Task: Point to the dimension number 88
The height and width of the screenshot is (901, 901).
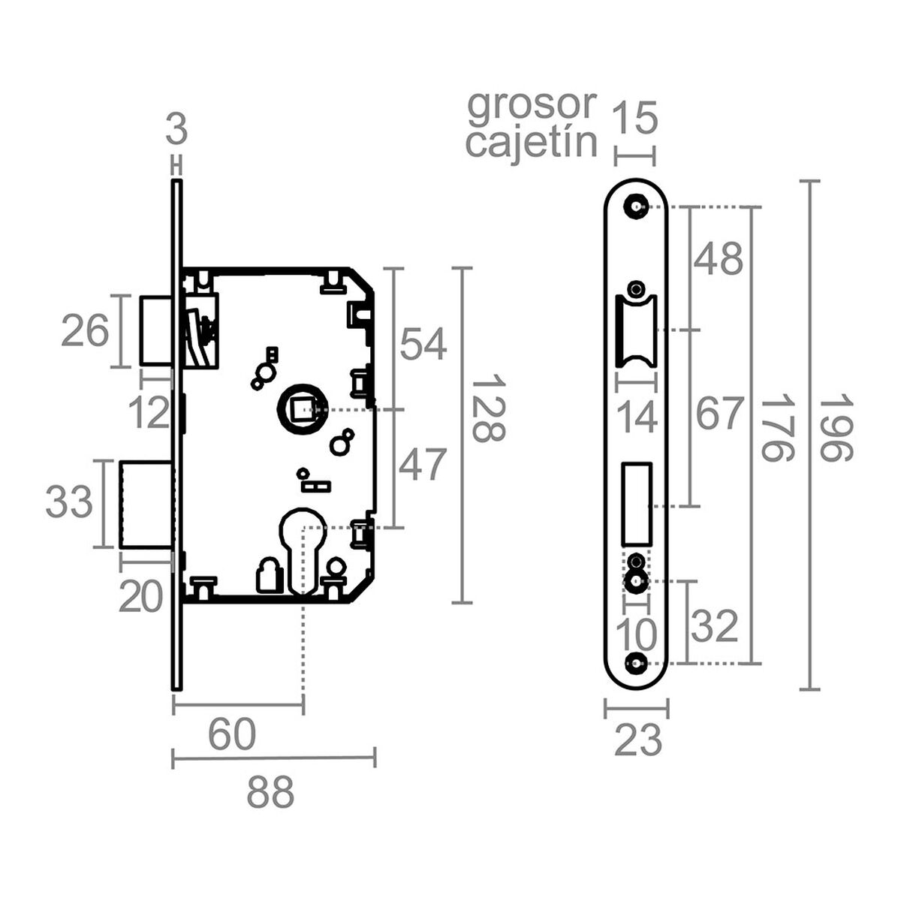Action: click(270, 792)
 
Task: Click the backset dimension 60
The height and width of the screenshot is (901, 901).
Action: click(232, 735)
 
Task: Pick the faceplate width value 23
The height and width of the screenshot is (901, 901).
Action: click(638, 741)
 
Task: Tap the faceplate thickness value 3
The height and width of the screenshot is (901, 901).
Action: click(176, 131)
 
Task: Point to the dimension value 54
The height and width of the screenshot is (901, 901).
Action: click(423, 345)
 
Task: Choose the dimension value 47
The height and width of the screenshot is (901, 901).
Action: click(423, 465)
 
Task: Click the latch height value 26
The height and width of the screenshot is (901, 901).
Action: click(85, 331)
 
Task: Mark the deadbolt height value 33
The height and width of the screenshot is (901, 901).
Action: click(69, 502)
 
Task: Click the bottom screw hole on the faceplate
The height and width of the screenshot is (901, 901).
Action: click(637, 663)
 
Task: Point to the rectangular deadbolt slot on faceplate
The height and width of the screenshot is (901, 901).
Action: click(637, 503)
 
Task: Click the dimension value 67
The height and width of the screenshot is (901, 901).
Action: click(719, 414)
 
